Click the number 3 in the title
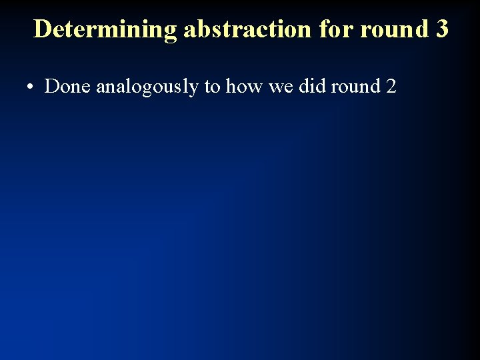click(441, 29)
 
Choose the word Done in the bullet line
click(68, 86)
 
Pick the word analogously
click(147, 87)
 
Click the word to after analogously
click(213, 87)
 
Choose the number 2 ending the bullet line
click(391, 86)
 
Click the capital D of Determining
click(42, 29)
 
